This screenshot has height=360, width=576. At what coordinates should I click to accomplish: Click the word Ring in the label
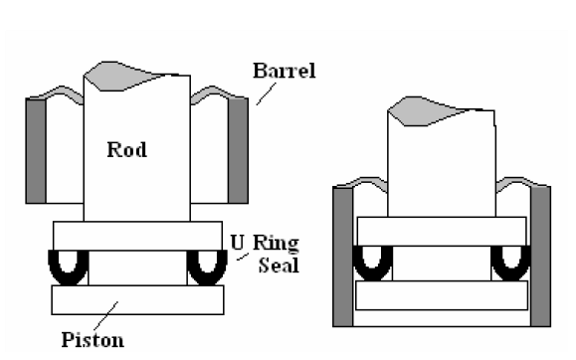[x=272, y=243]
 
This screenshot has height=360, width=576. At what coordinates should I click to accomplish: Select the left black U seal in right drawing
[x=373, y=261]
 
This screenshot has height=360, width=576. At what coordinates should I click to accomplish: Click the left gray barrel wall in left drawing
[x=38, y=149]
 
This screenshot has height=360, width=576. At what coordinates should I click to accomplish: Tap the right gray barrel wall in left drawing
[x=238, y=149]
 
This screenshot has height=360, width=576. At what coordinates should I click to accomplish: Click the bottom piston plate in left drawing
[x=138, y=299]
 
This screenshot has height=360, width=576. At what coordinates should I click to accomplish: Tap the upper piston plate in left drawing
[x=138, y=236]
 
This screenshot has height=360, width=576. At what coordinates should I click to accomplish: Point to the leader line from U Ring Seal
[x=242, y=258]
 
